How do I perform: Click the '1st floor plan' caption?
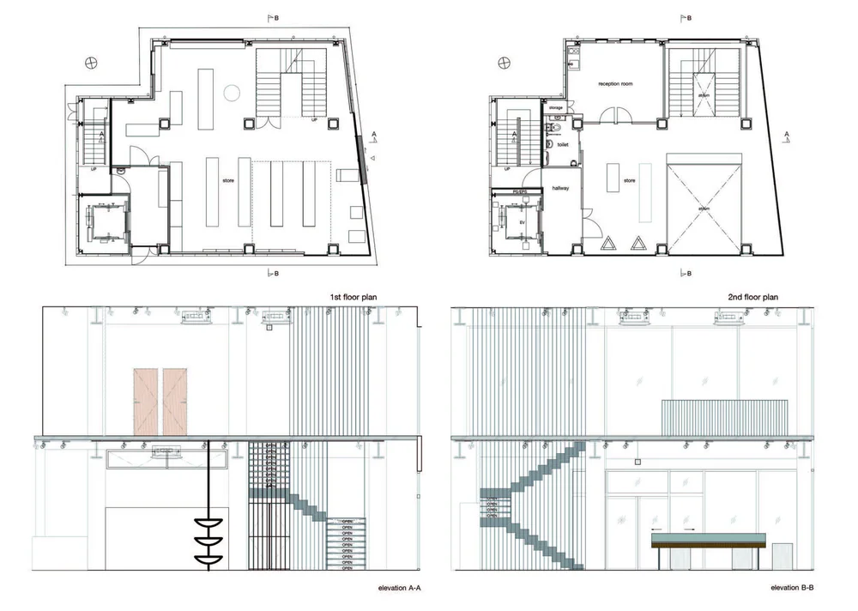pos(353,297)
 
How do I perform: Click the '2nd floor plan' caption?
pos(752,297)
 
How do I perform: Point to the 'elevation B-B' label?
pos(797,588)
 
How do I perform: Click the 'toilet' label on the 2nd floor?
pos(563,145)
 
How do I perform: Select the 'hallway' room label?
pos(561,188)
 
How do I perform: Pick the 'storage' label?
pos(556,107)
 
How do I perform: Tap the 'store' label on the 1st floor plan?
pos(228,181)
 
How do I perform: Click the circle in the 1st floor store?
pos(231,92)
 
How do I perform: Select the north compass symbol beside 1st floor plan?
pos(90,63)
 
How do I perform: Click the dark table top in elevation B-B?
pos(708,541)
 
